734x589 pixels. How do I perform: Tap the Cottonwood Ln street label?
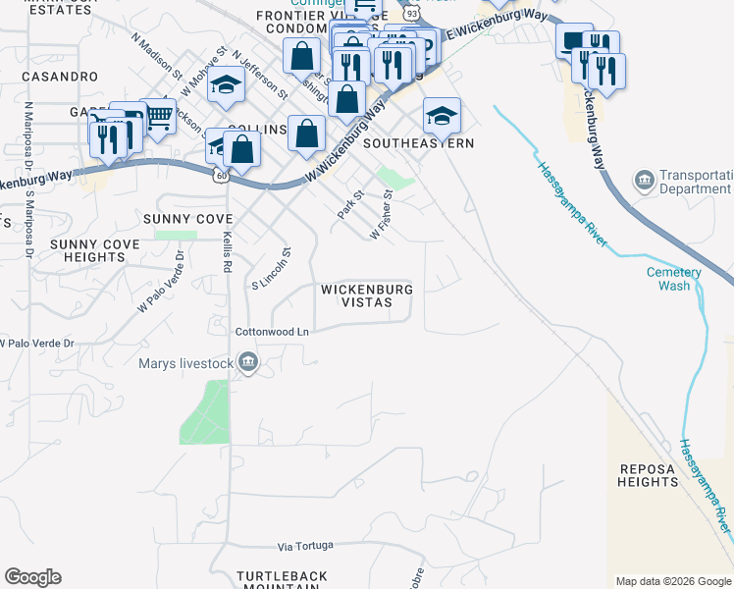(272, 332)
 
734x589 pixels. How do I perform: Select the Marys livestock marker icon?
(248, 362)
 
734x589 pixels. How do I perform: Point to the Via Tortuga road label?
(305, 545)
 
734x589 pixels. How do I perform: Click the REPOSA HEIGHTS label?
(648, 475)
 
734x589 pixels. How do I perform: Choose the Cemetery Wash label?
(673, 279)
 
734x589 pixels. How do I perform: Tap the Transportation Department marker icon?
(645, 180)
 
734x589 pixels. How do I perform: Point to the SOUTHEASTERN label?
(419, 143)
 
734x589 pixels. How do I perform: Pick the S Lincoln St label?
(273, 268)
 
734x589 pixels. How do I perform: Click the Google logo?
(32, 577)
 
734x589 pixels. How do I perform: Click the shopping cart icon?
(158, 117)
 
